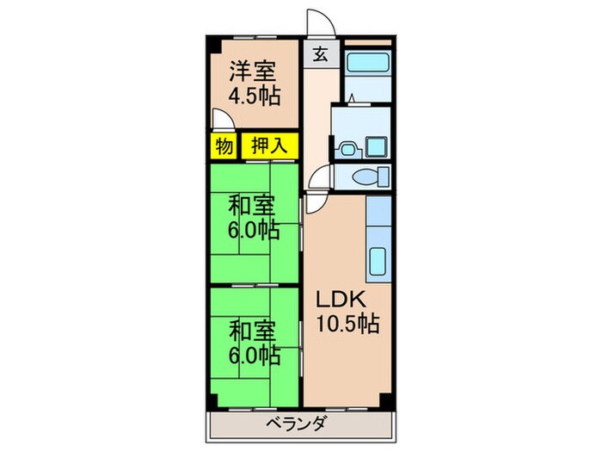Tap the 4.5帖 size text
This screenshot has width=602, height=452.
[253, 96]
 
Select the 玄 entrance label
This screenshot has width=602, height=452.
[319, 54]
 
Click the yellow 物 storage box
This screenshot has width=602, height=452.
[224, 146]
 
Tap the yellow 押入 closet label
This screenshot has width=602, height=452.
[268, 146]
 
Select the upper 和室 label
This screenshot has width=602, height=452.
[251, 206]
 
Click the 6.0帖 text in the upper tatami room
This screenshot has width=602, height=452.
[253, 230]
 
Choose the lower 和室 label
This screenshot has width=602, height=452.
[251, 329]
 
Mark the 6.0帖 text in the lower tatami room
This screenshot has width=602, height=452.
[253, 353]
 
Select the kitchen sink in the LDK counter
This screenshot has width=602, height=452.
[379, 259]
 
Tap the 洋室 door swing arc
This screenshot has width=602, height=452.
[220, 121]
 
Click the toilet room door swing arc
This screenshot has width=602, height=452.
[318, 181]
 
